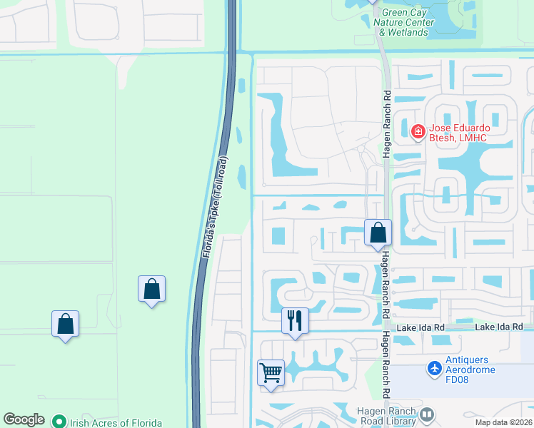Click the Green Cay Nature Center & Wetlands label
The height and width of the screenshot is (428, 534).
pos(406,22)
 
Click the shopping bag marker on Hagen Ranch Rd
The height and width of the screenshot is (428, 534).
pos(378,233)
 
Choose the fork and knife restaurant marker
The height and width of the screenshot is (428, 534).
pos(295,321)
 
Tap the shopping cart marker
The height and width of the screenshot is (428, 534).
pos(271,372)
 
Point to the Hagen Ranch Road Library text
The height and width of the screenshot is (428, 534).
pos(386,416)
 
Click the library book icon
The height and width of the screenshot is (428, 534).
pos(428,414)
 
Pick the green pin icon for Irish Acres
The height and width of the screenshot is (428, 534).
pos(59,421)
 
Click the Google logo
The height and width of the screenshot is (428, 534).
pos(24,419)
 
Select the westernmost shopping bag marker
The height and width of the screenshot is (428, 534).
pos(65,324)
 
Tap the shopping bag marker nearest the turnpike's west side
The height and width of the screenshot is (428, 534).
pos(151,289)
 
